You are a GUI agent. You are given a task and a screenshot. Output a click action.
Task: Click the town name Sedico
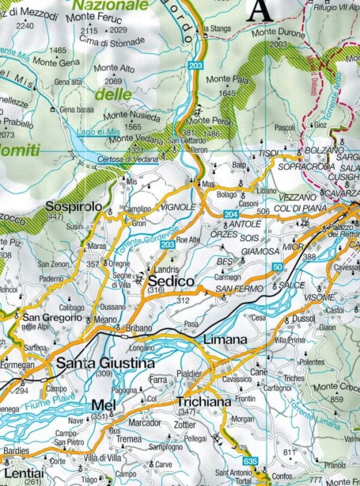tap(171, 281)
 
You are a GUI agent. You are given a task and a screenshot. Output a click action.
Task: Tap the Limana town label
tap(226, 340)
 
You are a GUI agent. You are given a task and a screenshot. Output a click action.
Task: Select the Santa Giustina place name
tap(106, 363)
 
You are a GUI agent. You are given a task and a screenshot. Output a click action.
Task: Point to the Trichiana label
tap(204, 402)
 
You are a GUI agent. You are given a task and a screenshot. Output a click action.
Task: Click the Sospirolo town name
tap(74, 206)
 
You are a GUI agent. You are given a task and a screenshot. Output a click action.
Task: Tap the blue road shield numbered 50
tap(277, 267)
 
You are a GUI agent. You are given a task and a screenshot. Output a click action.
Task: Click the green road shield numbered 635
tap(250, 460)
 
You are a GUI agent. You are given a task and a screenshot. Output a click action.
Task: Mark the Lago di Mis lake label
tap(96, 132)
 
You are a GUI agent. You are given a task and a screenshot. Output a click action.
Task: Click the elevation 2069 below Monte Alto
tap(113, 81)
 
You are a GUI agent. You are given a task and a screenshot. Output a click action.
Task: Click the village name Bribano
tap(138, 328)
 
